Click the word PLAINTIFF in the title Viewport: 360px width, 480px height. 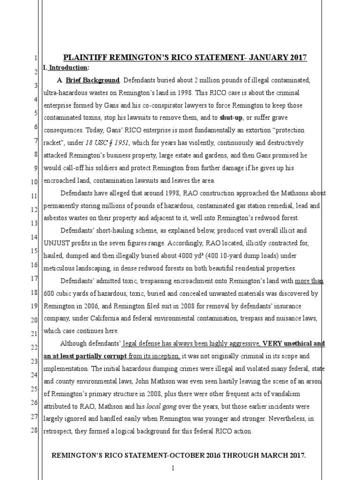[x=83, y=58]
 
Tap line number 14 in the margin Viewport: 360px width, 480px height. [x=34, y=238]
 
